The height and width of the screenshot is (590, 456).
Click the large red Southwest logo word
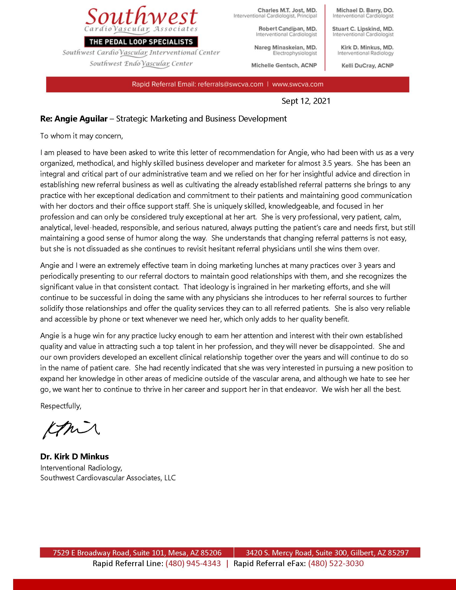[141, 17]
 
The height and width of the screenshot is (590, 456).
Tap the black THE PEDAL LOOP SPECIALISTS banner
[141, 42]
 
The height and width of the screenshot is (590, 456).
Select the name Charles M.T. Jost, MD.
[287, 10]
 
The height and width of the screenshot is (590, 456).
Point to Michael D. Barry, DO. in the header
[365, 10]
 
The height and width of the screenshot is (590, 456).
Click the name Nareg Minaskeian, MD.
[285, 47]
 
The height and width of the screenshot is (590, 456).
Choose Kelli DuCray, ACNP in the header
[367, 66]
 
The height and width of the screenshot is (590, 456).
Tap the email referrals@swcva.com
[230, 84]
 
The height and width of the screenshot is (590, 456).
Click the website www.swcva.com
[297, 84]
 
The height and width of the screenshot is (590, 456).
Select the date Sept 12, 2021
[306, 101]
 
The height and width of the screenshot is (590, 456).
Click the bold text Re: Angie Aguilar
[74, 119]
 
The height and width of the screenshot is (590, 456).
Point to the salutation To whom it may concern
[81, 136]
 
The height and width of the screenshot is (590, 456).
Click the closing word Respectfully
[61, 406]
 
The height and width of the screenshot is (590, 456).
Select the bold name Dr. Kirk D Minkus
[74, 456]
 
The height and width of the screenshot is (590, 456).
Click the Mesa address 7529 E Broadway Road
[137, 553]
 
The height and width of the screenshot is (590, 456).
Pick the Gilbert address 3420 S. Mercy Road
[327, 553]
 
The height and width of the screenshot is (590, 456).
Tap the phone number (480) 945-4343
[193, 563]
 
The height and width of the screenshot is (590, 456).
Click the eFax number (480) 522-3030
[336, 563]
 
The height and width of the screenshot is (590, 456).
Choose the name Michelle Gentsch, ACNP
[284, 66]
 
